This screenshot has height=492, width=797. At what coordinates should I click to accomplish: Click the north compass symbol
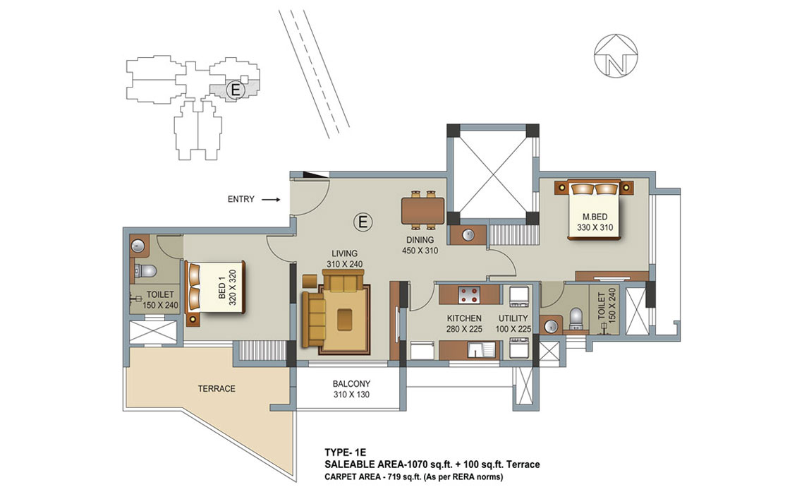[x=616, y=56]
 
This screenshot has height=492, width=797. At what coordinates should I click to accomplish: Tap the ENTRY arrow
[x=271, y=200]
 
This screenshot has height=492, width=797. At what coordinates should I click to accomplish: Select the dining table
[x=423, y=210]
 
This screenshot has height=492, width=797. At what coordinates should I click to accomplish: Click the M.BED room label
[x=595, y=217]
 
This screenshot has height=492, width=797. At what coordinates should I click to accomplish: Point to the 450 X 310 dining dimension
[x=420, y=251]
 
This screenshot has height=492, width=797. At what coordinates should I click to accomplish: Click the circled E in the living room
[x=363, y=222]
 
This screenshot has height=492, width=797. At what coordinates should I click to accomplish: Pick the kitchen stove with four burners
[x=469, y=294]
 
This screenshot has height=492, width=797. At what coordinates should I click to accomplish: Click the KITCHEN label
[x=464, y=318]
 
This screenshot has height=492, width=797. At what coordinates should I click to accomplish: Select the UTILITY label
[x=513, y=318]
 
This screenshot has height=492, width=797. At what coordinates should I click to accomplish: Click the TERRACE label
[x=217, y=389]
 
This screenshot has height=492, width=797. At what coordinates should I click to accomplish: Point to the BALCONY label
[x=351, y=384]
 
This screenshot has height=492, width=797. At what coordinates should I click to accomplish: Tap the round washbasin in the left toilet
[x=138, y=246]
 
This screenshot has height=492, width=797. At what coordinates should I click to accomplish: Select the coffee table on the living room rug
[x=345, y=318]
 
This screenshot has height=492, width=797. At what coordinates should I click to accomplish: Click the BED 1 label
[x=221, y=287]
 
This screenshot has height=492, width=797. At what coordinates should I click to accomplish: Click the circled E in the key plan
[x=235, y=90]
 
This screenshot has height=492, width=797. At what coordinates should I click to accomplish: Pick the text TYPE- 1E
[x=345, y=452]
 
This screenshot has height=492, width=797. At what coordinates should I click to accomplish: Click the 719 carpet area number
[x=394, y=477]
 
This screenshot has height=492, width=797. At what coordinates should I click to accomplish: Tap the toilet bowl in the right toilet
[x=576, y=316]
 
